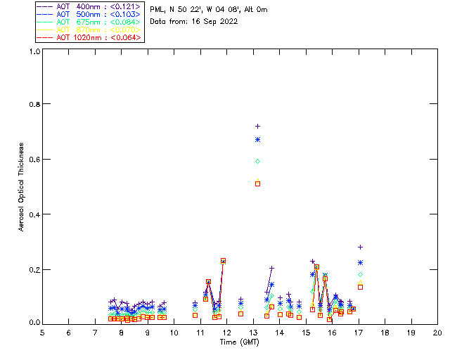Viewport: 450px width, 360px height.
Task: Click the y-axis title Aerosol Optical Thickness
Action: click(22, 188)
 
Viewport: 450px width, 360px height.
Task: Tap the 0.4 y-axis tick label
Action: click(32, 214)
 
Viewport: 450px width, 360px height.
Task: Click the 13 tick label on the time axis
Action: click(252, 332)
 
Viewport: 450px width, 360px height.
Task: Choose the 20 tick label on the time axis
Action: click(437, 332)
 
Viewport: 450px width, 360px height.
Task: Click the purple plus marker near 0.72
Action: click(257, 126)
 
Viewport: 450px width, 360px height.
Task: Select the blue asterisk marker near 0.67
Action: click(257, 140)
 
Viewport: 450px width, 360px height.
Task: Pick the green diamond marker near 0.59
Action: click(257, 161)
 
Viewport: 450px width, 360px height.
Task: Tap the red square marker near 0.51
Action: click(257, 184)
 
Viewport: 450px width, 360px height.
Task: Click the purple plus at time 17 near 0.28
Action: click(360, 247)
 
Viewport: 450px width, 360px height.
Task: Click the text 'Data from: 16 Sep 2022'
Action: click(193, 21)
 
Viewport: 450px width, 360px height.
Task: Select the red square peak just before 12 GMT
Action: click(223, 261)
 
